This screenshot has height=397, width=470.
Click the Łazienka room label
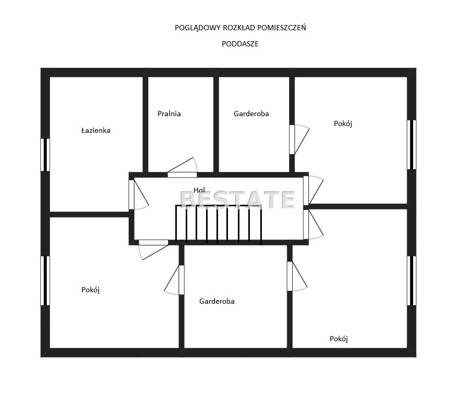tap(96, 130)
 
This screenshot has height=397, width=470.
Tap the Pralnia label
tap(169, 114)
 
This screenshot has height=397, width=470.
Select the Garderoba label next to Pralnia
tap(251, 114)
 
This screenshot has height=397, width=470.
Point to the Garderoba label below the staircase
tap(216, 301)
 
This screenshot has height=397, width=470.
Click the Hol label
tap(199, 190)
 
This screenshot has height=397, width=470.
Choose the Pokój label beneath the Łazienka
tap(91, 290)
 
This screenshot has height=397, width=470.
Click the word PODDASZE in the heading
tap(240, 44)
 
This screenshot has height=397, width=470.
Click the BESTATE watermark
tap(237, 200)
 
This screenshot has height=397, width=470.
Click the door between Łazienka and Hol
tap(138, 195)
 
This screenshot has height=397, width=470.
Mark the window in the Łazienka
tap(45, 155)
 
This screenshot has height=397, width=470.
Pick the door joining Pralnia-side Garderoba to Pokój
tap(299, 140)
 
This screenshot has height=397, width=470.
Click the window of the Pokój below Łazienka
tap(45, 281)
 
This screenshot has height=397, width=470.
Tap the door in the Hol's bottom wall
tap(153, 250)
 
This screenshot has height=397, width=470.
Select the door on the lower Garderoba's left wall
tap(174, 280)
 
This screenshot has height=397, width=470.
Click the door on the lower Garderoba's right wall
tap(297, 276)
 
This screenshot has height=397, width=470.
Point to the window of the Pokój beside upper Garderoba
tap(412, 145)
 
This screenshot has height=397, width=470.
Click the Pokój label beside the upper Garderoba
tap(343, 123)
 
